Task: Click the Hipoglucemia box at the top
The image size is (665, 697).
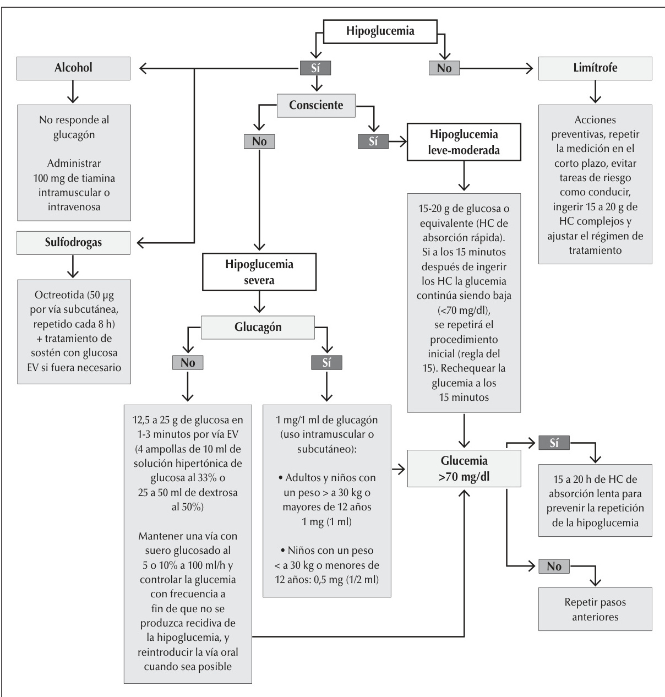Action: pyautogui.click(x=380, y=31)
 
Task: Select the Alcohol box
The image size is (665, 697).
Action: pyautogui.click(x=73, y=68)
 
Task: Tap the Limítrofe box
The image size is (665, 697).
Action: pyautogui.click(x=595, y=68)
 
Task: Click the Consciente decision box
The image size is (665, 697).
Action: pyautogui.click(x=316, y=105)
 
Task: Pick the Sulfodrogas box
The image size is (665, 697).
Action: pyautogui.click(x=73, y=243)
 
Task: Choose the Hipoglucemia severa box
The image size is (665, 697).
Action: pyautogui.click(x=259, y=272)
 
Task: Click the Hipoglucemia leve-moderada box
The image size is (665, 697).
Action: pyautogui.click(x=464, y=142)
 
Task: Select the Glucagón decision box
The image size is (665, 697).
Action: pyautogui.click(x=258, y=327)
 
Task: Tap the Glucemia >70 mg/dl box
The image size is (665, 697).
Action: pyautogui.click(x=464, y=469)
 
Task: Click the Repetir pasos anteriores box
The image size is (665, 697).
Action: pyautogui.click(x=595, y=609)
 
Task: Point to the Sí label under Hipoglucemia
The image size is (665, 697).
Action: pyautogui.click(x=315, y=68)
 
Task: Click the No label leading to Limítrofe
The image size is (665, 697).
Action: pyautogui.click(x=444, y=68)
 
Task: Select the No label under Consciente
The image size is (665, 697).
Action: pyautogui.click(x=259, y=141)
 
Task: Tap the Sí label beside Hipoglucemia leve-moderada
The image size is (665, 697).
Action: pyautogui.click(x=373, y=141)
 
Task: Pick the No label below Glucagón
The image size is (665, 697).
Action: pyautogui.click(x=188, y=363)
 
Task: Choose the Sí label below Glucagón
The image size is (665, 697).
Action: pyautogui.click(x=326, y=363)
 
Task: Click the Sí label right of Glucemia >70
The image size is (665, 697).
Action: pyautogui.click(x=554, y=443)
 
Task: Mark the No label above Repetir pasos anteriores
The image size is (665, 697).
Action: pyautogui.click(x=554, y=566)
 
